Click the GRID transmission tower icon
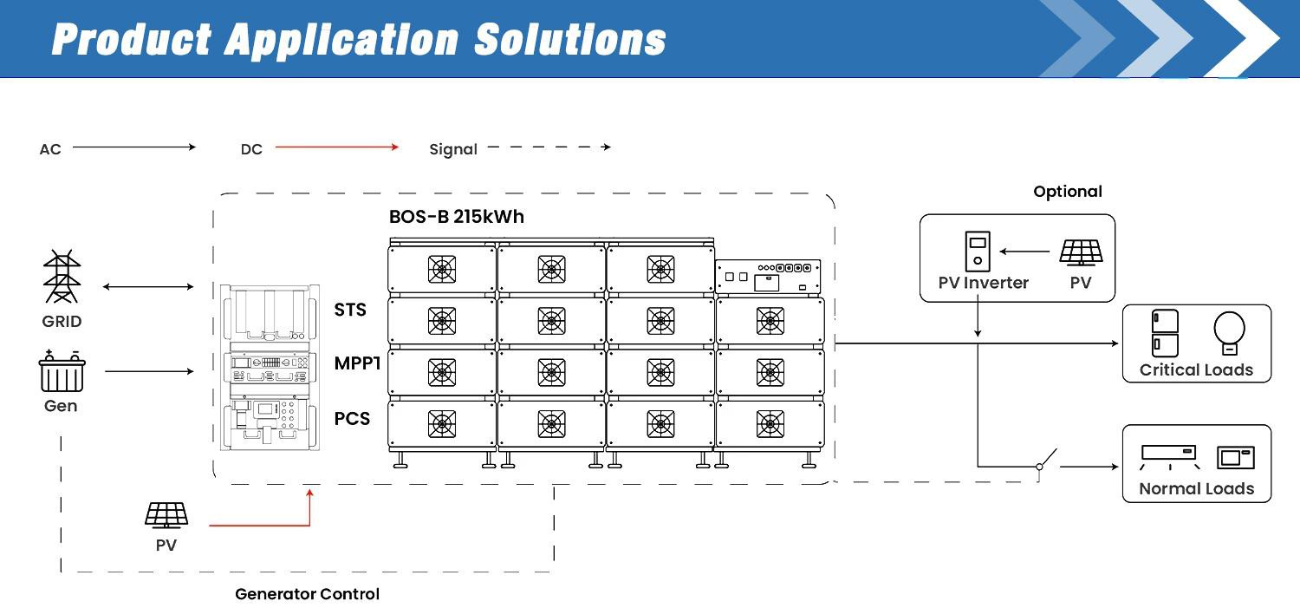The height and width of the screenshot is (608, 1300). point(62,277)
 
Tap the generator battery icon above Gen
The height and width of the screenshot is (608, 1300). point(62,373)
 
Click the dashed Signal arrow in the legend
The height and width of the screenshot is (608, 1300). point(549,147)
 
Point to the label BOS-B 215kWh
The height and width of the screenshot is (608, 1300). point(457,217)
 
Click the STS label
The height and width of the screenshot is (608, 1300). point(350,310)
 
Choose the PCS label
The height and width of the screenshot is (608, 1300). point(352,419)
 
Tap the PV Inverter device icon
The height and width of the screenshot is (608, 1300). point(978,251)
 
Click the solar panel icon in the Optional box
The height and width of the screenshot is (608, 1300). point(1081,252)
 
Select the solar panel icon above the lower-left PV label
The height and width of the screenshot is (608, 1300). point(166,515)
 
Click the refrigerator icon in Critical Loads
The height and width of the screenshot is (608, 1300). point(1165,332)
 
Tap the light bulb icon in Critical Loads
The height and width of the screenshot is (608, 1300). point(1229,333)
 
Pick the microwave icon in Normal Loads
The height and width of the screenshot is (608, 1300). point(1235,457)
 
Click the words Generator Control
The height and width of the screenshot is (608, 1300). point(307,594)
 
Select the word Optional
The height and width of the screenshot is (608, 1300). point(1068,192)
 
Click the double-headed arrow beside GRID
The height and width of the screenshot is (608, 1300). point(148,286)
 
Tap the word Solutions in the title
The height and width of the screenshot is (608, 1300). point(570,40)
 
